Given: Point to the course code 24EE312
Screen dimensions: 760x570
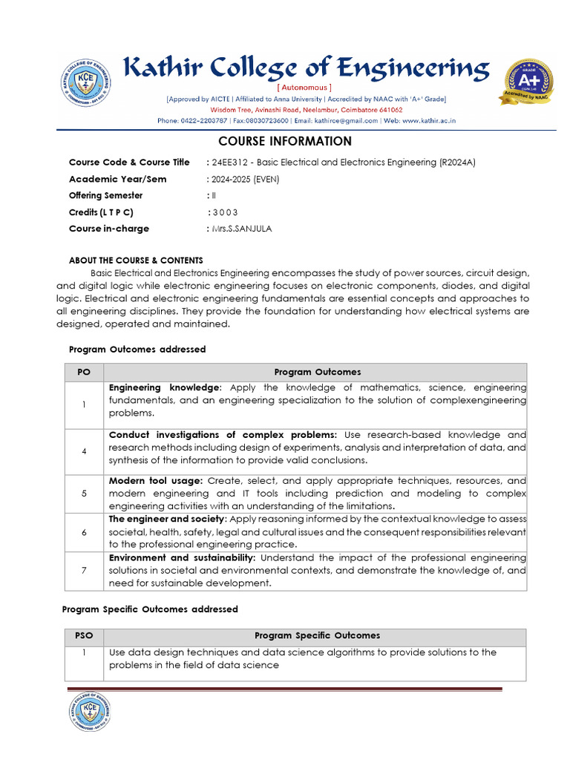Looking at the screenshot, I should (x=229, y=162).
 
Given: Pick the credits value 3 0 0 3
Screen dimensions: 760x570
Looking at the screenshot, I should (x=223, y=212).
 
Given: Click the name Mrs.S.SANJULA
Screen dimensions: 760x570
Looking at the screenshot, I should (x=241, y=229).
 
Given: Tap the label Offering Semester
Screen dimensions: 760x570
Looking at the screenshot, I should (x=105, y=195).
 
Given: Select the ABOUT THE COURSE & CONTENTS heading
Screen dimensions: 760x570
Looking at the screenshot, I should (x=136, y=261).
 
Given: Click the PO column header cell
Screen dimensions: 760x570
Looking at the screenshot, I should (x=84, y=372).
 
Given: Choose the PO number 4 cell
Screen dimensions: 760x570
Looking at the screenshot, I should (x=84, y=451).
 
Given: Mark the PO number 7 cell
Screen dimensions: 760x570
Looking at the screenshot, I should (x=84, y=571).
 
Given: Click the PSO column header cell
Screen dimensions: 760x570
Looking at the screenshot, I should (x=84, y=636).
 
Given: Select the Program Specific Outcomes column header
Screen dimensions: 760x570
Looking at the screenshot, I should (x=317, y=636).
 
